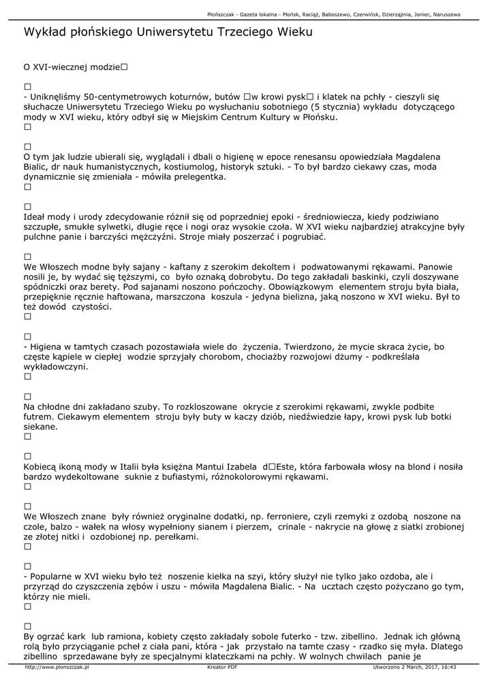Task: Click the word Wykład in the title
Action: pos(44,32)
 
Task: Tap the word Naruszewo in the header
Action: pos(444,14)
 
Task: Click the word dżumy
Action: pos(367,357)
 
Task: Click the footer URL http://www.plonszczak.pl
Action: pos(57,668)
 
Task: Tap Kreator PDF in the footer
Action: pos(222,668)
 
